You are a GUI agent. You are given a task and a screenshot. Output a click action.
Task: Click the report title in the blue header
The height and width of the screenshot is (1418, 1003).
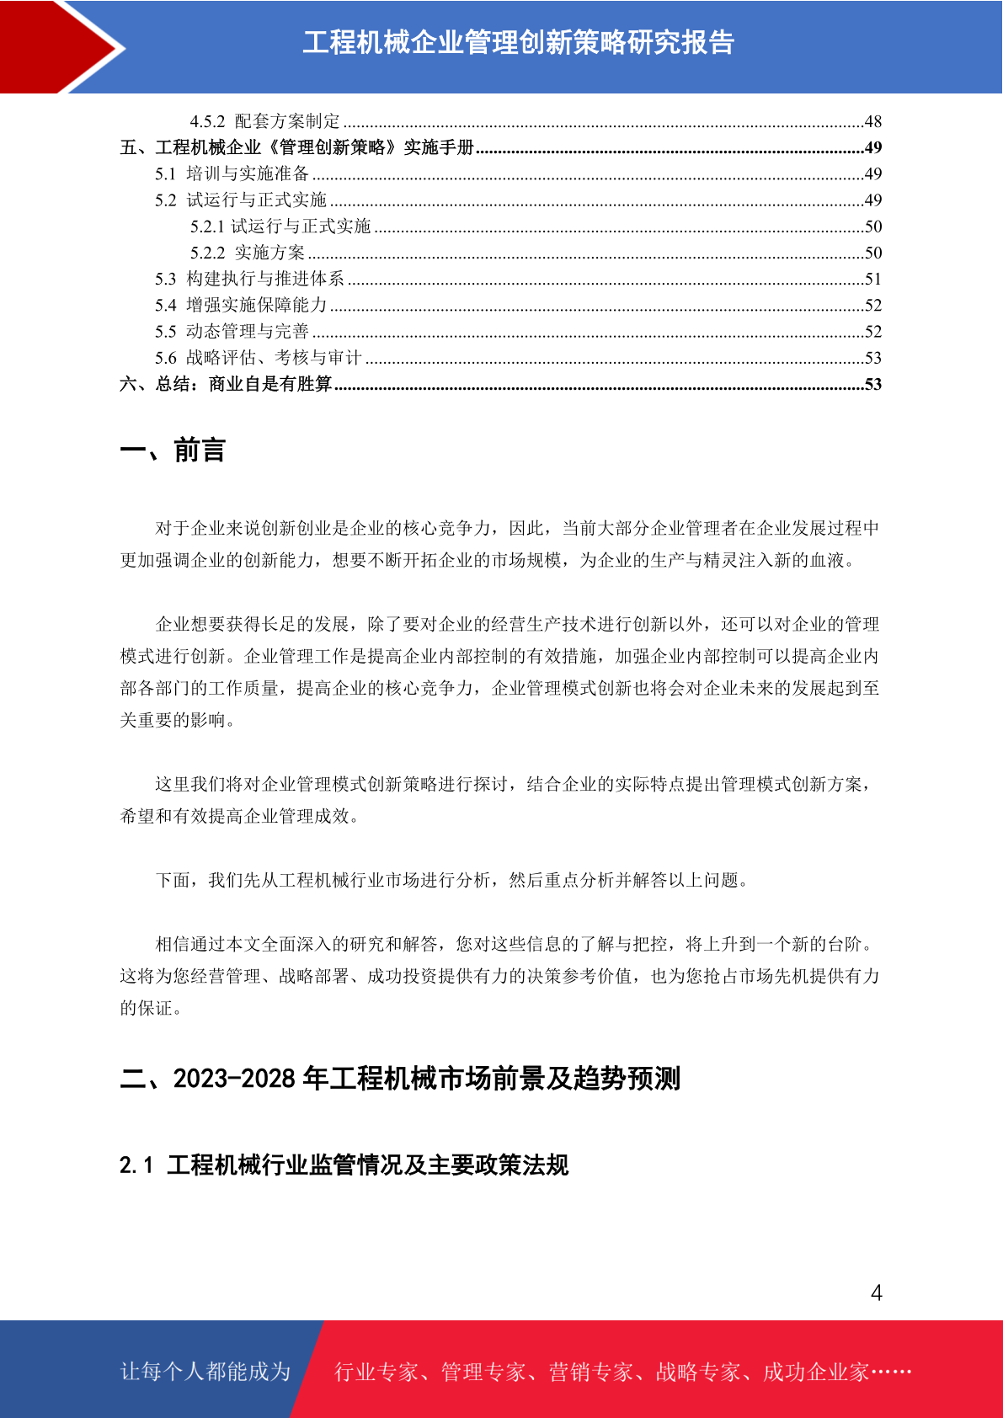point(518,42)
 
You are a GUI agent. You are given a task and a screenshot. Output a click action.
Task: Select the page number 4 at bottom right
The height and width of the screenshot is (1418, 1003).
point(876,1293)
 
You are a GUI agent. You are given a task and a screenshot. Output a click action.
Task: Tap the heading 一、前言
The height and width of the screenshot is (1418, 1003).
point(173,450)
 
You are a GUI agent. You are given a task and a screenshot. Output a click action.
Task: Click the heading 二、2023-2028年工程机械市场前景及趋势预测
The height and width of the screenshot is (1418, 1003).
point(400,1078)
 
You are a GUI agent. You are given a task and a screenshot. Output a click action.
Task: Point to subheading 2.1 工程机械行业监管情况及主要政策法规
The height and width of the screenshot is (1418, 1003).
point(344,1165)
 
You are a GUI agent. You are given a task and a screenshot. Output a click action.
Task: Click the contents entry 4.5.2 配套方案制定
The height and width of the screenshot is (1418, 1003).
point(264,121)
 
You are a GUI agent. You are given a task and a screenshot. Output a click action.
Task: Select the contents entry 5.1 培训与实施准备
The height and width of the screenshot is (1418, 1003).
point(232,173)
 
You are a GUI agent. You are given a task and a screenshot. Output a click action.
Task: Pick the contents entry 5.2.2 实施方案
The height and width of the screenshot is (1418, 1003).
point(248,253)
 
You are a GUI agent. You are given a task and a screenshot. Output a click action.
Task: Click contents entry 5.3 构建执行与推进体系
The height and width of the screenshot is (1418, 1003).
point(249,279)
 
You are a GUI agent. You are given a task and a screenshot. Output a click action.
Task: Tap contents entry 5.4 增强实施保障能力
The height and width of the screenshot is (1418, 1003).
point(241,305)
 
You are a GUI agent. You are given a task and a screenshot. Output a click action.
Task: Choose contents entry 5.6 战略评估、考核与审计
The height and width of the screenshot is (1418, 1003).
point(258,358)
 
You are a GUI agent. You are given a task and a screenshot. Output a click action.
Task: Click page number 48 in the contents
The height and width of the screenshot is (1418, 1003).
point(872,121)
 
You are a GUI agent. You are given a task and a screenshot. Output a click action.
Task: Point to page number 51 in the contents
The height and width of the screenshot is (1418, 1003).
point(872,279)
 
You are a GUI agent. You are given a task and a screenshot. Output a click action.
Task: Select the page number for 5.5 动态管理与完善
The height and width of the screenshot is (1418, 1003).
point(872,332)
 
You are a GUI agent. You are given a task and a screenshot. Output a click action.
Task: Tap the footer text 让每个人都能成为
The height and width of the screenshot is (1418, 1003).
point(205,1372)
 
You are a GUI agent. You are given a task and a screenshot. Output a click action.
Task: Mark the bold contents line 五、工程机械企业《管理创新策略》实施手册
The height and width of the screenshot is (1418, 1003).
point(297,147)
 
